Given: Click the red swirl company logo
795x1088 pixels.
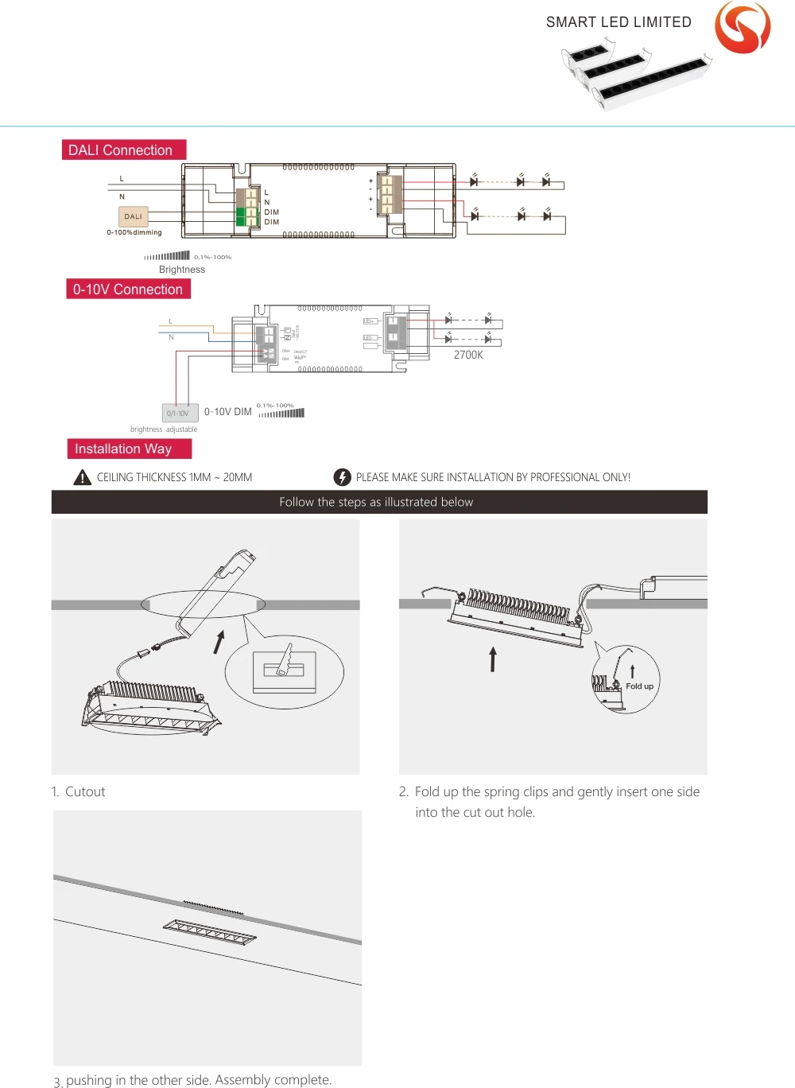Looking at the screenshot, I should (x=743, y=27).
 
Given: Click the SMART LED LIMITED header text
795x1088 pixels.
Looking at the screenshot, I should (x=619, y=22).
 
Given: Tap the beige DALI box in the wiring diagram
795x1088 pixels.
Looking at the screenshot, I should (x=133, y=216).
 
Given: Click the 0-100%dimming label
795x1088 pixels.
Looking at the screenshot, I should (x=134, y=233).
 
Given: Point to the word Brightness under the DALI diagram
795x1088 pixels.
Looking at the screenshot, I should (x=182, y=270).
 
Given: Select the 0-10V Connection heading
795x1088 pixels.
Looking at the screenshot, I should (x=128, y=289).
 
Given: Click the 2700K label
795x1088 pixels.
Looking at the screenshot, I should (x=468, y=356).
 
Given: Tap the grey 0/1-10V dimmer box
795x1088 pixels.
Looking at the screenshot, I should (x=179, y=413).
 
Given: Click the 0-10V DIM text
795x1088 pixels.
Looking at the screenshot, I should (x=228, y=412).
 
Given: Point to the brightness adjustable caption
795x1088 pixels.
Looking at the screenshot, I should (x=164, y=429).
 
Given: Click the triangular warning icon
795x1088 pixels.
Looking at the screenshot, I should (x=83, y=477).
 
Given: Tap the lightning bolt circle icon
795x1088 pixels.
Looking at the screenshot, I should (x=342, y=477).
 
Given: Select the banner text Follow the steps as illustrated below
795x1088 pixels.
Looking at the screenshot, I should (x=376, y=502).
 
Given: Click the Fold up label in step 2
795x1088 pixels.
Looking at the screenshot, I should (x=639, y=686).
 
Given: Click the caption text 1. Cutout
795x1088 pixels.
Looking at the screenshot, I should (x=79, y=791).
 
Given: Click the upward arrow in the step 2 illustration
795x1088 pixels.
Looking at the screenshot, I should (x=493, y=659).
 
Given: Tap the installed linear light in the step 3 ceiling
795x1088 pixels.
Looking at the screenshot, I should (x=210, y=932).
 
